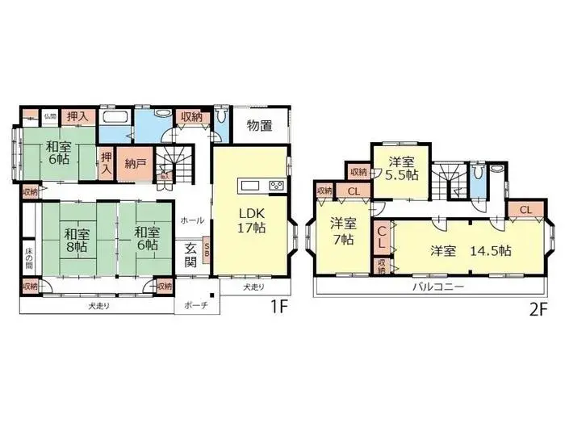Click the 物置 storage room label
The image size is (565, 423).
pyautogui.click(x=259, y=125)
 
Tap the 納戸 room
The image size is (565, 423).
pyautogui.click(x=136, y=161)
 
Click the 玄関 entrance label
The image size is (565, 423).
pyautogui.click(x=191, y=254)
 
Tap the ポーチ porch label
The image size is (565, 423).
pyautogui.click(x=196, y=305)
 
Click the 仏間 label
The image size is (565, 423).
pyautogui.click(x=49, y=115)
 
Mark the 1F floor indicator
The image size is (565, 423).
pyautogui.click(x=279, y=308)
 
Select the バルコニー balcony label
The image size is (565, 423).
pyautogui.click(x=436, y=286)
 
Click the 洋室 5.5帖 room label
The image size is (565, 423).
pyautogui.click(x=401, y=167)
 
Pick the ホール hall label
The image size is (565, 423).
pyautogui.click(x=192, y=220)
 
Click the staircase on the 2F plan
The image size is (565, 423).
pyautogui.click(x=446, y=179)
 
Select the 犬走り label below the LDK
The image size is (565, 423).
pyautogui.click(x=253, y=287)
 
